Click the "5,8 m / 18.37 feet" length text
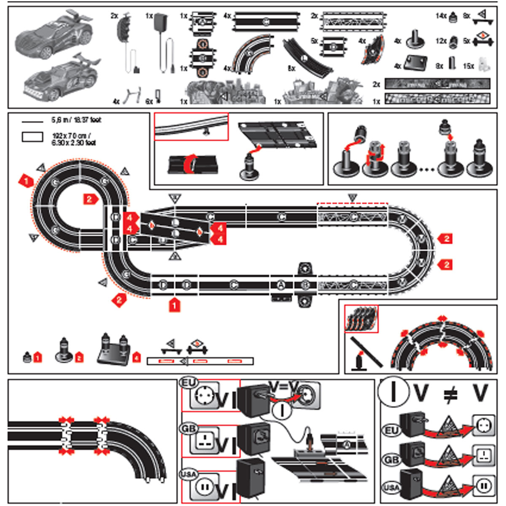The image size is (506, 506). [x=76, y=120]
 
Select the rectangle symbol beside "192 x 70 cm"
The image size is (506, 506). [x=32, y=137]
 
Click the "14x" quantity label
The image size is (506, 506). [x=441, y=16]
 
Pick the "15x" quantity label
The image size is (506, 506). [x=468, y=66]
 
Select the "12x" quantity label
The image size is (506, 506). [x=441, y=41]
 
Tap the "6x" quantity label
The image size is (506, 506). [x=149, y=101]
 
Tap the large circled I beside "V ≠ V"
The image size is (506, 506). [x=393, y=392]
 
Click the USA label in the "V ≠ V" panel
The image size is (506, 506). [x=391, y=488]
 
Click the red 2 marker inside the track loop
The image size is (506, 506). [x=90, y=199]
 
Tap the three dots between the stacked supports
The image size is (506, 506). [x=427, y=170]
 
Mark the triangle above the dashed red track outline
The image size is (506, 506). [x=353, y=197]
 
